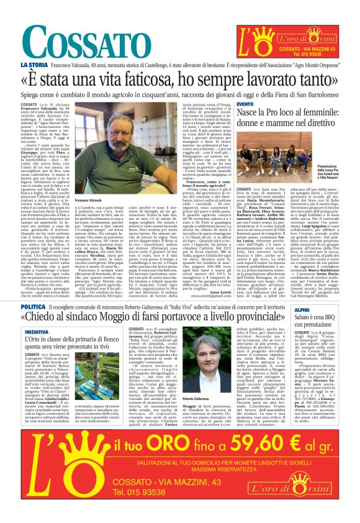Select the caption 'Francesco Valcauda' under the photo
(x=88, y=201)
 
